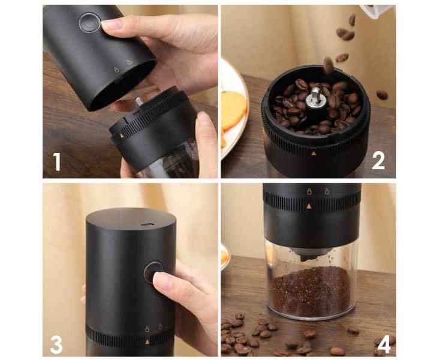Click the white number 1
(x=57, y=161)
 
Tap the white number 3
(x=56, y=344)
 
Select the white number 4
(x=384, y=344)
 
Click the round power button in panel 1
(x=89, y=22)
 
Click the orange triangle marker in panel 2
(x=314, y=154)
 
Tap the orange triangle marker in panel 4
(x=309, y=206)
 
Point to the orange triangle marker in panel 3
(x=147, y=342)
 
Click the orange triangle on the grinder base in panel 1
(x=122, y=136)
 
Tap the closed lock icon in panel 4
(x=309, y=191)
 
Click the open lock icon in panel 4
(x=327, y=191)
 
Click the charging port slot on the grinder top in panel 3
(x=147, y=224)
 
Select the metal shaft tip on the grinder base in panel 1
(x=138, y=101)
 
